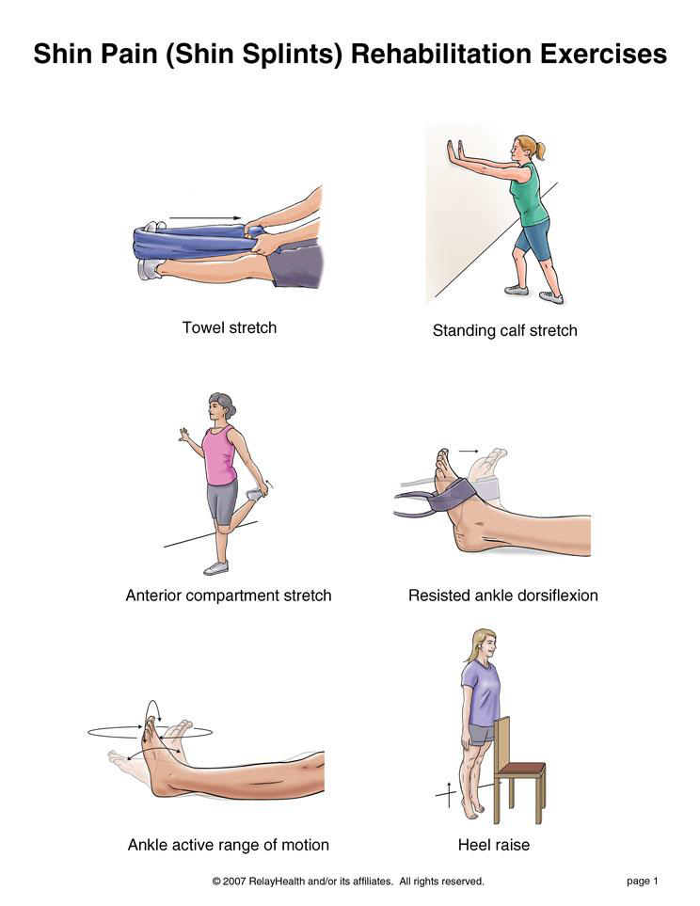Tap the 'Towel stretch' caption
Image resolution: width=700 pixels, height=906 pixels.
coord(230,327)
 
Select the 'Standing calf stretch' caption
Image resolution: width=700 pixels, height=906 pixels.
coord(504,331)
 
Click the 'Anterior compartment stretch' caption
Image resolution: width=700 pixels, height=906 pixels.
coord(229,596)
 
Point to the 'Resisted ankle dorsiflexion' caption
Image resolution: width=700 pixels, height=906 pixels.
coord(503,596)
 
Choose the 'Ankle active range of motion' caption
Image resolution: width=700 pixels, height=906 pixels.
coord(229,846)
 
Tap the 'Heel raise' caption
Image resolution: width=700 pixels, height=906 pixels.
coord(494,846)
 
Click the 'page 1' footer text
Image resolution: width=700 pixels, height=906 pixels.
coord(643,882)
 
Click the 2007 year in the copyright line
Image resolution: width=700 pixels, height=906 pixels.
coord(234,882)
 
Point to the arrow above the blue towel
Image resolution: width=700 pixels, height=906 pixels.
coord(205,218)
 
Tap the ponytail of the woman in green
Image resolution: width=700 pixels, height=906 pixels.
coord(539,151)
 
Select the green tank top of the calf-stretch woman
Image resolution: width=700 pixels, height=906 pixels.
coord(530,196)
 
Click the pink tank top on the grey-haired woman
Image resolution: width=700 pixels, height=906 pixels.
coord(219,455)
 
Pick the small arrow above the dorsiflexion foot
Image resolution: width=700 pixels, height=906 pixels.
coord(469,451)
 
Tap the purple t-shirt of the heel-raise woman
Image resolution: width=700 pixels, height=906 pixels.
coord(481,692)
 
